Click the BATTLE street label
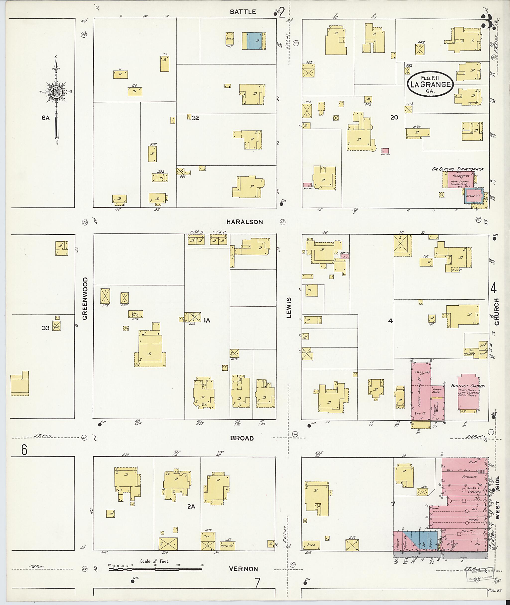(x=243, y=11)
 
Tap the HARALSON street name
(x=244, y=222)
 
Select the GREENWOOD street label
(x=85, y=298)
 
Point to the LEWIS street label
(x=288, y=308)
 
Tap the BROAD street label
(x=242, y=438)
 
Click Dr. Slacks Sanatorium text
(x=457, y=169)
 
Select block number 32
(x=195, y=118)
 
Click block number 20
(x=394, y=117)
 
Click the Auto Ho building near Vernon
(x=227, y=545)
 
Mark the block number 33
(x=45, y=328)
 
